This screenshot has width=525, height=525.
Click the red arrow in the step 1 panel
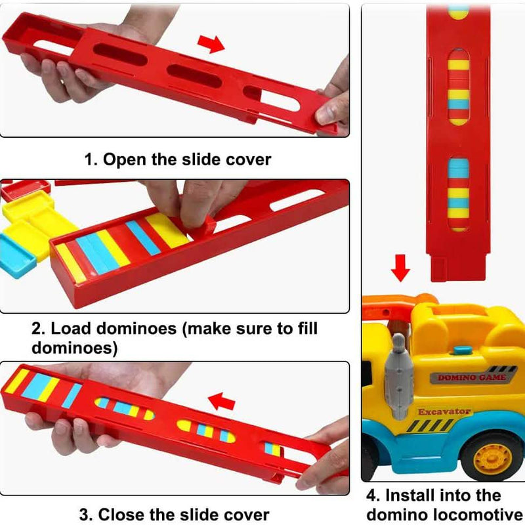211,44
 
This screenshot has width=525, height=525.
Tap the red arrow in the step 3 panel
221,401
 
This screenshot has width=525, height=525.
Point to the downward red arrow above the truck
400,268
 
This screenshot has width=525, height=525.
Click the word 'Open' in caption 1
125,159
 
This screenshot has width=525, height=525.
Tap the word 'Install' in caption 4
409,495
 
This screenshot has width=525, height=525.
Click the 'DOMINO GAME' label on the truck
472,377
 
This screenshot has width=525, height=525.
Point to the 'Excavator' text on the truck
444,411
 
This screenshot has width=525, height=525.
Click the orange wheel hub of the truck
493,458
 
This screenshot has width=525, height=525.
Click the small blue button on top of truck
463,350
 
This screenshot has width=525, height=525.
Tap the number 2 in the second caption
38,329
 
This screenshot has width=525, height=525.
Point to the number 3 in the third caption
85,514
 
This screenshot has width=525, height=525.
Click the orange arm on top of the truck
398,303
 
